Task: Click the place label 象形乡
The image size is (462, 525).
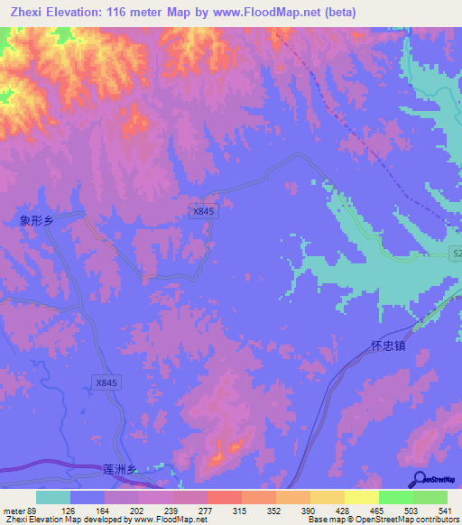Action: pos(38,220)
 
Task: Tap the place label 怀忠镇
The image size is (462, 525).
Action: pos(389,345)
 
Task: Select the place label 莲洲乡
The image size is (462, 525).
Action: pos(119,470)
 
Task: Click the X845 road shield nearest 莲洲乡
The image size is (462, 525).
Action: pos(106,383)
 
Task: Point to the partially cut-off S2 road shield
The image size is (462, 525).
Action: pos(455,256)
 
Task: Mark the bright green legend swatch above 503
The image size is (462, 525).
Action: pos(395,497)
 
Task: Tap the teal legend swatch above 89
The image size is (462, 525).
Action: pos(53,497)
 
